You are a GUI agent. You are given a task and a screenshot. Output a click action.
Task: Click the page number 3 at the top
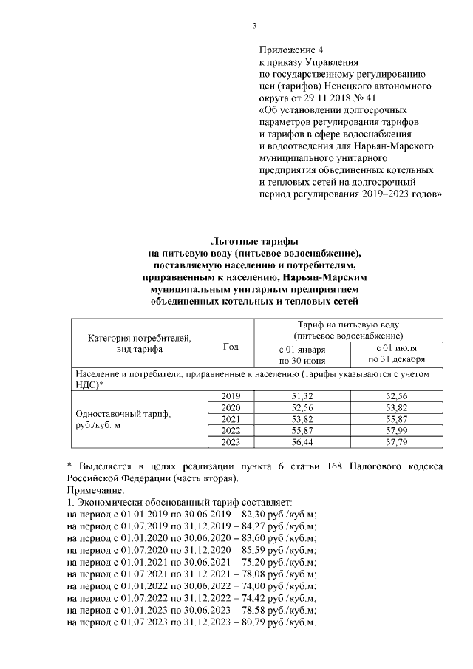[x=255, y=27]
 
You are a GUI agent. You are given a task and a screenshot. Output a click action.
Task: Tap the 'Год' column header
[x=231, y=346]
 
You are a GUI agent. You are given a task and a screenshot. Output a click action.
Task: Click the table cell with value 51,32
[x=302, y=396]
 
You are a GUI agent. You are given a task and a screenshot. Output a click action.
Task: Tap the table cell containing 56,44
[x=302, y=442]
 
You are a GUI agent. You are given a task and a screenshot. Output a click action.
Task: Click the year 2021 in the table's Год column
[x=231, y=419]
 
